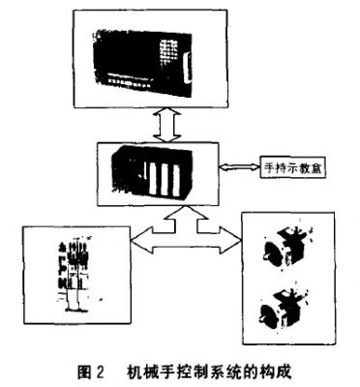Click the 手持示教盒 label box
[x=293, y=167]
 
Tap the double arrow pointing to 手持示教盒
[x=240, y=167]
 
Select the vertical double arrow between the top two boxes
[x=166, y=125]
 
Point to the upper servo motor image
[x=285, y=247]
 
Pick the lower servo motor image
[x=284, y=308]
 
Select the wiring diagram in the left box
[x=73, y=274]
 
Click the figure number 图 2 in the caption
[x=91, y=372]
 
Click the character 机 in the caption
[x=135, y=372]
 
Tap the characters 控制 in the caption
[x=186, y=372]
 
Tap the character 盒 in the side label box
[x=315, y=167]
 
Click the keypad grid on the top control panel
[x=168, y=51]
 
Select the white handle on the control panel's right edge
[x=186, y=70]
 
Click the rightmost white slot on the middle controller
[x=176, y=180]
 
